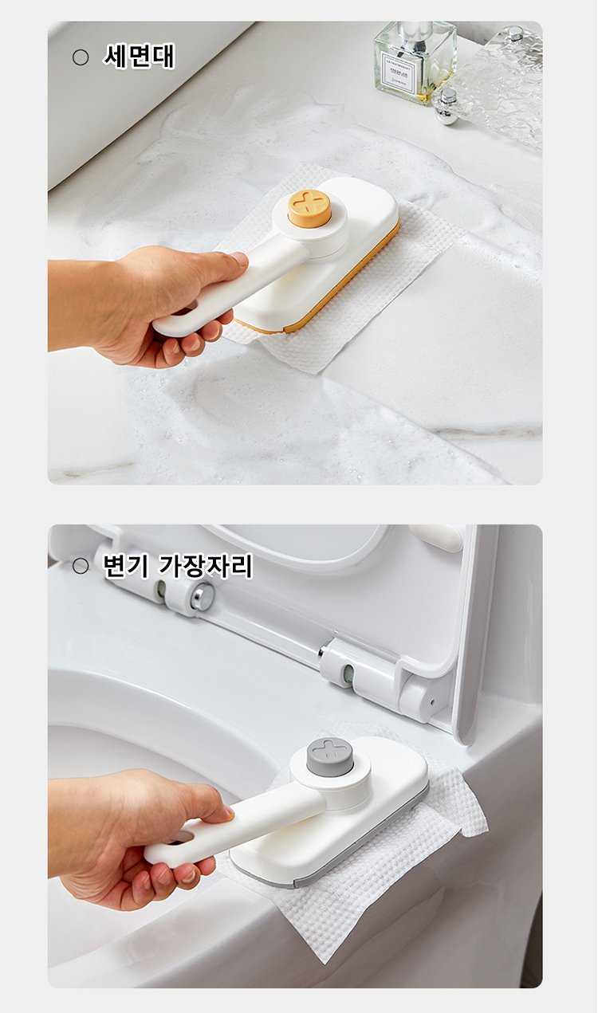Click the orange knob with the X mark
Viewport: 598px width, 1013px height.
[309, 207]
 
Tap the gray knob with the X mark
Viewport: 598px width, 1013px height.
[330, 756]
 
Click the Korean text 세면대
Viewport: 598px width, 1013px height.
[139, 56]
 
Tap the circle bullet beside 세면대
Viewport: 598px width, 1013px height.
[81, 57]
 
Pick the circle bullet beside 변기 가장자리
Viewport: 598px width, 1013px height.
[81, 566]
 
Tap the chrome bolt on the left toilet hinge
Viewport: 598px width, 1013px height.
[203, 597]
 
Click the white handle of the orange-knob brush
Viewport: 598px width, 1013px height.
[226, 289]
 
